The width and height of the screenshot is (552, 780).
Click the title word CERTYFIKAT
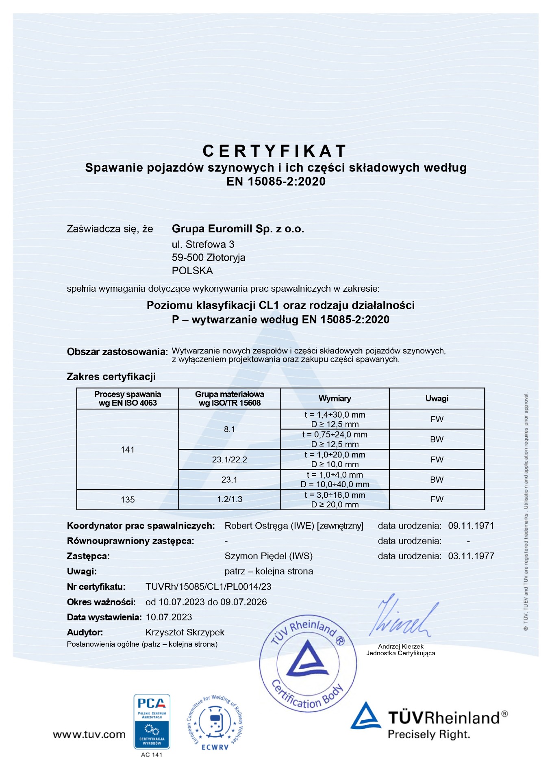click(x=274, y=151)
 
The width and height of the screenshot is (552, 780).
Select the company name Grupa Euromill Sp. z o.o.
click(x=238, y=229)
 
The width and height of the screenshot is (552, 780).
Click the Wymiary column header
click(x=335, y=399)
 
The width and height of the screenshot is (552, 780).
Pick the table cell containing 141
click(x=128, y=449)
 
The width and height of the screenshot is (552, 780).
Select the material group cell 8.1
click(x=229, y=429)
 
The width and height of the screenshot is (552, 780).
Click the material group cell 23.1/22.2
click(x=229, y=459)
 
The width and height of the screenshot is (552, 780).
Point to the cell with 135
click(x=128, y=500)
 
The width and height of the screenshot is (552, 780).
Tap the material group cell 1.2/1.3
click(x=229, y=499)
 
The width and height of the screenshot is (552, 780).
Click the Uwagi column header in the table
click(x=437, y=399)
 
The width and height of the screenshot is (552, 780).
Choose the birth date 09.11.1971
click(x=471, y=526)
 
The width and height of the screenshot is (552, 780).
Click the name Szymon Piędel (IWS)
click(x=268, y=556)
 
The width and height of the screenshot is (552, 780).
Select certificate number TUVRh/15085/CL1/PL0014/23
click(x=208, y=587)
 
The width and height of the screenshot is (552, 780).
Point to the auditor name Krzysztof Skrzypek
click(x=185, y=632)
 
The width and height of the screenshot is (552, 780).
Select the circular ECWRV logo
click(x=215, y=723)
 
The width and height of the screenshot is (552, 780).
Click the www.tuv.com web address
click(x=89, y=734)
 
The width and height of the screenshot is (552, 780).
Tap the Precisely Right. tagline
click(x=428, y=734)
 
